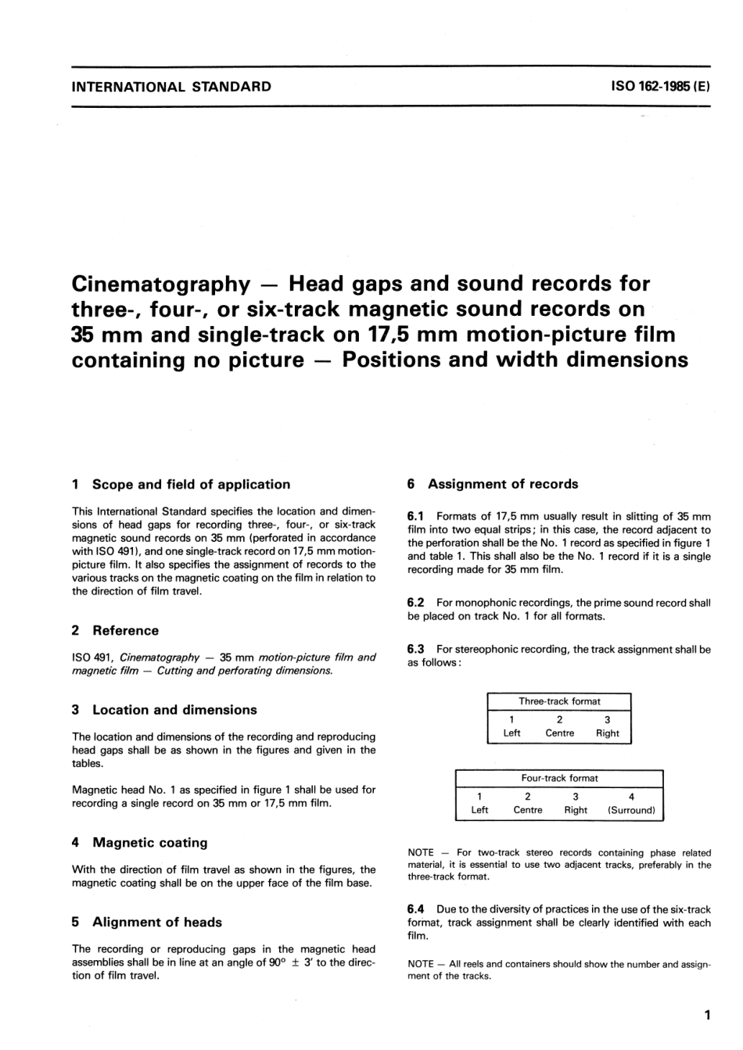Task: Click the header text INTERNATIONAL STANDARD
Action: [x=171, y=87]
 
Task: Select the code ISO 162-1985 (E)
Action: [x=661, y=87]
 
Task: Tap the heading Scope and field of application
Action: [x=191, y=485]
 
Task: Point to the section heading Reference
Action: [x=125, y=631]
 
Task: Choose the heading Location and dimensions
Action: [x=174, y=710]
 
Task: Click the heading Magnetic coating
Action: [x=150, y=843]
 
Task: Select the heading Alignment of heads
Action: [x=157, y=923]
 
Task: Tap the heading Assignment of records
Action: [x=503, y=484]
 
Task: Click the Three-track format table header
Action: [x=559, y=701]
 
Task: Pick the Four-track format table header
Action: [x=559, y=778]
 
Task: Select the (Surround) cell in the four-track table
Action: [x=631, y=810]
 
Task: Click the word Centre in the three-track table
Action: [x=559, y=733]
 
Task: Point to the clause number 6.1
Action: [x=415, y=517]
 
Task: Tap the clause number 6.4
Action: [x=415, y=909]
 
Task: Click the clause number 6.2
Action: [x=415, y=603]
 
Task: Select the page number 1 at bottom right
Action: [x=707, y=1016]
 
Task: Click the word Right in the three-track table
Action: [x=607, y=733]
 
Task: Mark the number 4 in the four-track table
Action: [x=631, y=797]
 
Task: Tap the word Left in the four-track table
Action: [x=479, y=810]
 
